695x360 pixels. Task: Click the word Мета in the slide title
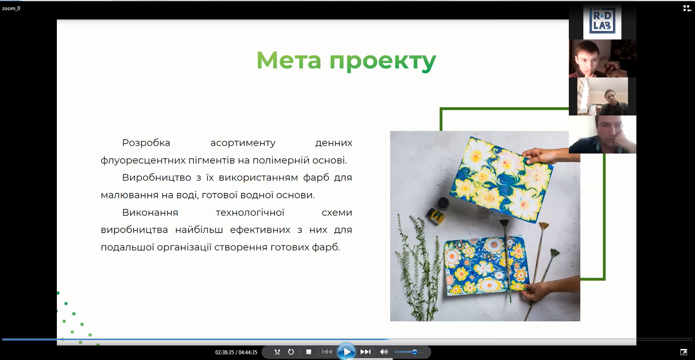point(289,60)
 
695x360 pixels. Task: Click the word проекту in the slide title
point(383,61)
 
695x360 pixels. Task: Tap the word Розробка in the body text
point(146,143)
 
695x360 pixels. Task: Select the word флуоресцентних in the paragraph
point(143,160)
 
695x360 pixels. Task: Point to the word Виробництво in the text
point(156,178)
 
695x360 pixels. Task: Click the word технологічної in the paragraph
point(250,212)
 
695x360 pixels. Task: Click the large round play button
point(346,352)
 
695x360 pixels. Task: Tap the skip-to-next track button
point(365,352)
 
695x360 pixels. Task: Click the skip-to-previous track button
point(327,352)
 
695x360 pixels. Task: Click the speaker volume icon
point(384,352)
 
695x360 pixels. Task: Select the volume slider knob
point(415,352)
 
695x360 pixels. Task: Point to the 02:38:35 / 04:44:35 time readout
point(236,352)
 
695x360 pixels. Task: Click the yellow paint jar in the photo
point(435,216)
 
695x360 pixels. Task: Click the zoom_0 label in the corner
point(11,8)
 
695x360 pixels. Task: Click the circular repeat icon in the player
point(291,352)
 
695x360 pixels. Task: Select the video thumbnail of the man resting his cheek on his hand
point(602,134)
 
